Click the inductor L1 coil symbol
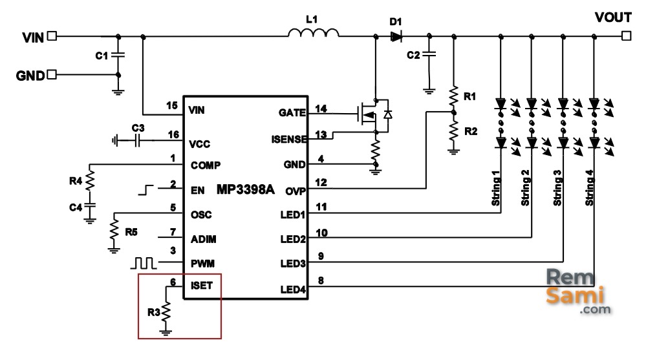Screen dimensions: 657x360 [x=314, y=33]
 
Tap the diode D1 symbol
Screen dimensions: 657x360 [x=396, y=36]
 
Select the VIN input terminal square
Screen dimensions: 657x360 [x=52, y=36]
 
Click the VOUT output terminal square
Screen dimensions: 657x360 [x=626, y=36]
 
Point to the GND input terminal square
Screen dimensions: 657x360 [x=52, y=74]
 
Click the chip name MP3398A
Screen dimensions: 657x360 [x=246, y=189]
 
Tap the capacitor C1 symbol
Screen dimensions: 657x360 [x=118, y=55]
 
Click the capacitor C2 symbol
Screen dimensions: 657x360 [x=429, y=54]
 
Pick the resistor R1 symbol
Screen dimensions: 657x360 [x=453, y=97]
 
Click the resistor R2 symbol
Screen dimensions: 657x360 [x=453, y=131]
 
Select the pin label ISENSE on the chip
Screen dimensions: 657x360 [x=289, y=140]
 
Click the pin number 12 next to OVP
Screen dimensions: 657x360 [x=321, y=182]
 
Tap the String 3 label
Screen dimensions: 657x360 [x=557, y=188]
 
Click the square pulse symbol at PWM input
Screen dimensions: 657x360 [x=144, y=263]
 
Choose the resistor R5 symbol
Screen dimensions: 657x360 [x=114, y=229]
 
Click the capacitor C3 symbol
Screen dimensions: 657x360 [x=137, y=141]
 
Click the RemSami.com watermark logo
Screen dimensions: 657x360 [x=578, y=291]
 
